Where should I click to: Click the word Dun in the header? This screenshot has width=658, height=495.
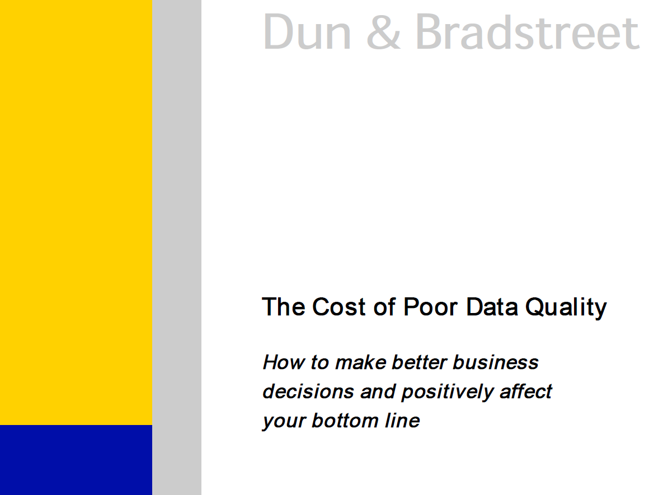(x=307, y=32)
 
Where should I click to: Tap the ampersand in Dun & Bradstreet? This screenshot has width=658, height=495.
(x=384, y=32)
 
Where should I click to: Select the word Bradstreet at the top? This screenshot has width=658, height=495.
(x=527, y=31)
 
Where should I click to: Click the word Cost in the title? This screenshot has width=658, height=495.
(x=339, y=306)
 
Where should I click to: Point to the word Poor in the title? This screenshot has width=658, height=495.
(x=430, y=306)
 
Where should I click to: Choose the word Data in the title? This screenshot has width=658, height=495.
(x=492, y=306)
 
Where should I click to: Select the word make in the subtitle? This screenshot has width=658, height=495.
(x=360, y=362)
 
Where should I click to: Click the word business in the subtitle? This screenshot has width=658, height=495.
(x=495, y=362)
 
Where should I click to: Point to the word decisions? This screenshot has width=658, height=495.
(x=308, y=391)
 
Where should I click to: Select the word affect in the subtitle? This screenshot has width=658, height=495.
(x=526, y=391)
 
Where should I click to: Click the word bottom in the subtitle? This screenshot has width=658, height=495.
(x=345, y=421)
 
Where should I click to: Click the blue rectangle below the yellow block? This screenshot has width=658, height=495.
(x=76, y=460)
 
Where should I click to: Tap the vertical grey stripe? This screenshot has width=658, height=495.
(x=177, y=247)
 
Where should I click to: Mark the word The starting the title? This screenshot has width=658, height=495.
(x=284, y=306)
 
